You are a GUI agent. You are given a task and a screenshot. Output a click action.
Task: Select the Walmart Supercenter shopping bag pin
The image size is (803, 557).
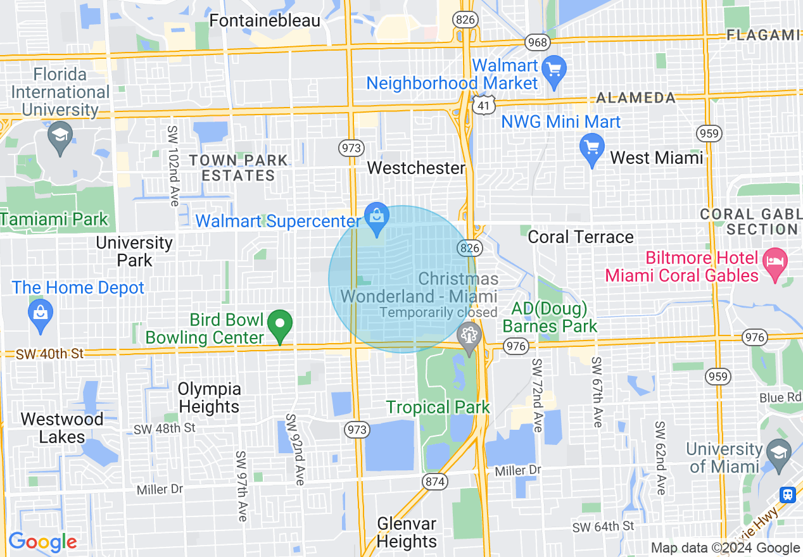coord(377,218)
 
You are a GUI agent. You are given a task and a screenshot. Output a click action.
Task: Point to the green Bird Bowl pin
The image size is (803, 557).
coord(280,325)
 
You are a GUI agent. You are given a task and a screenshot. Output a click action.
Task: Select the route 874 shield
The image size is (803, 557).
coord(435,482)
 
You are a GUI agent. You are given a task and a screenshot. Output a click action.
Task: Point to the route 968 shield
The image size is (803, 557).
coord(536,43)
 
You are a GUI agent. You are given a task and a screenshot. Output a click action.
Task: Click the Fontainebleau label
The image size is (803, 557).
coord(265,20)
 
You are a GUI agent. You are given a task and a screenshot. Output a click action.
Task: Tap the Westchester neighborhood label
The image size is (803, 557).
coord(416,168)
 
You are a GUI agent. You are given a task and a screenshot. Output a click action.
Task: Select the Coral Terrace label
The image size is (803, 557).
coord(580,237)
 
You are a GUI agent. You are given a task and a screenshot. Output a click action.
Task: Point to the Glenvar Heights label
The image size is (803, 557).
coord(407,533)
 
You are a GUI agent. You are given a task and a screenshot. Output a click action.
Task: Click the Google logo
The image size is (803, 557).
coord(42,542)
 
